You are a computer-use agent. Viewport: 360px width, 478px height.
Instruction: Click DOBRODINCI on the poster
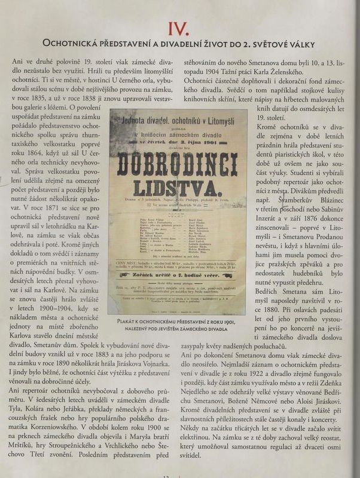pos(178,163)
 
